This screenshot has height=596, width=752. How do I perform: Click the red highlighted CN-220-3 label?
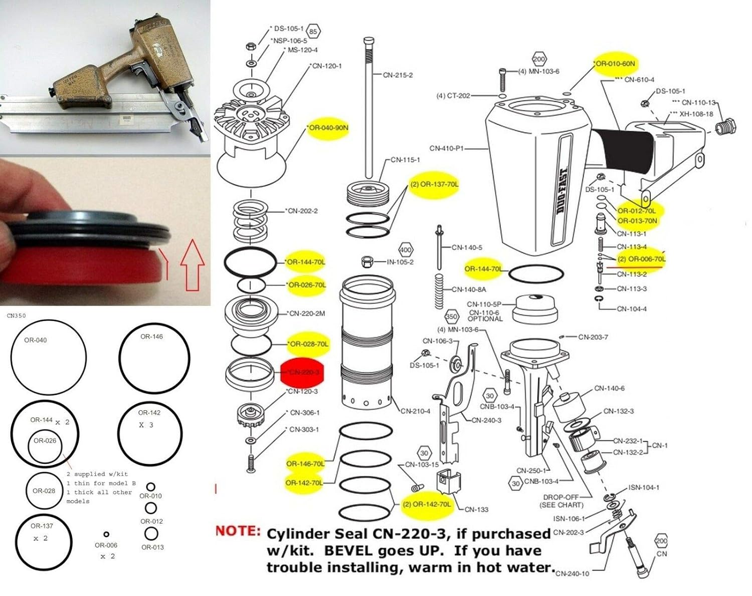(302, 372)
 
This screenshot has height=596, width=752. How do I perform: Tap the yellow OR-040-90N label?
(328, 128)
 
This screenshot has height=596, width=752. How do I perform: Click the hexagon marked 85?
(313, 32)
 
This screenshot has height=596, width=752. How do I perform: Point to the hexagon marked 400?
(405, 249)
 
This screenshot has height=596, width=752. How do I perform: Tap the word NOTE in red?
(238, 531)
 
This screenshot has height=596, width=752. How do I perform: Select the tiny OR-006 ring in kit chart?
(106, 534)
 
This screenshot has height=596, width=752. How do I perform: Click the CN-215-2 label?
(398, 75)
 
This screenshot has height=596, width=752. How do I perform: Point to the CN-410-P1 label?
(447, 148)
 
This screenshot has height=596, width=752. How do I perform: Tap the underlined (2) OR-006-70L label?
(641, 259)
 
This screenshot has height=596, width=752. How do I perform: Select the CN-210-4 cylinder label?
(415, 411)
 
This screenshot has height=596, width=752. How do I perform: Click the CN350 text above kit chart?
(17, 316)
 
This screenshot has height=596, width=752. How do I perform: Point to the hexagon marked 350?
(452, 317)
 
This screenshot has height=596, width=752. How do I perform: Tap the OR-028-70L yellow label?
(309, 344)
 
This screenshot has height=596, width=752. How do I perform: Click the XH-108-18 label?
(696, 114)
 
